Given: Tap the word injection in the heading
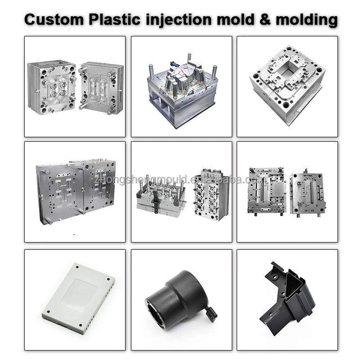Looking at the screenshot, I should (x=180, y=19).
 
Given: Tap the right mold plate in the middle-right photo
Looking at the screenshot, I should (x=308, y=192).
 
